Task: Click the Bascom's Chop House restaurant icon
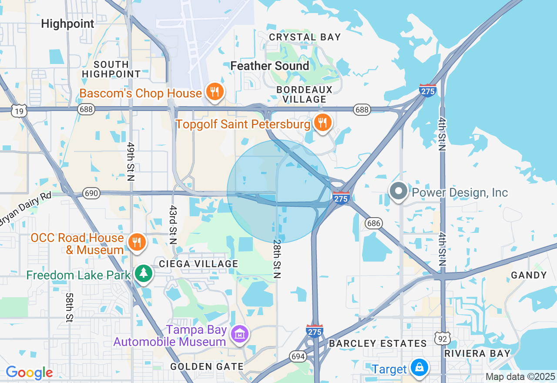[x=215, y=92]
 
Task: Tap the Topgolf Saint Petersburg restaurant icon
[x=322, y=123]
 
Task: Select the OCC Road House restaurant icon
[x=137, y=242]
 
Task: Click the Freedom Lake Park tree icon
[x=143, y=274]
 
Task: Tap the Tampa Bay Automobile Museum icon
[x=240, y=334]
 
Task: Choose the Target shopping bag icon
[x=419, y=368]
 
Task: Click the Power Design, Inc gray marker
[x=398, y=191]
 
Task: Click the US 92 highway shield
[x=442, y=337]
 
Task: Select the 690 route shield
[x=92, y=193]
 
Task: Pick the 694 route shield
[x=298, y=356]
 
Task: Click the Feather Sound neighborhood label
[x=270, y=66]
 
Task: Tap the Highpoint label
[x=67, y=24]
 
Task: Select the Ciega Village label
[x=198, y=264]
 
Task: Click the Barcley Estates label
[x=378, y=343]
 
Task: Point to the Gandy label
[x=529, y=275]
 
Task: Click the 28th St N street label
[x=278, y=259]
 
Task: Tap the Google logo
[x=29, y=373]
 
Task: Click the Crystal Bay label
[x=305, y=37]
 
